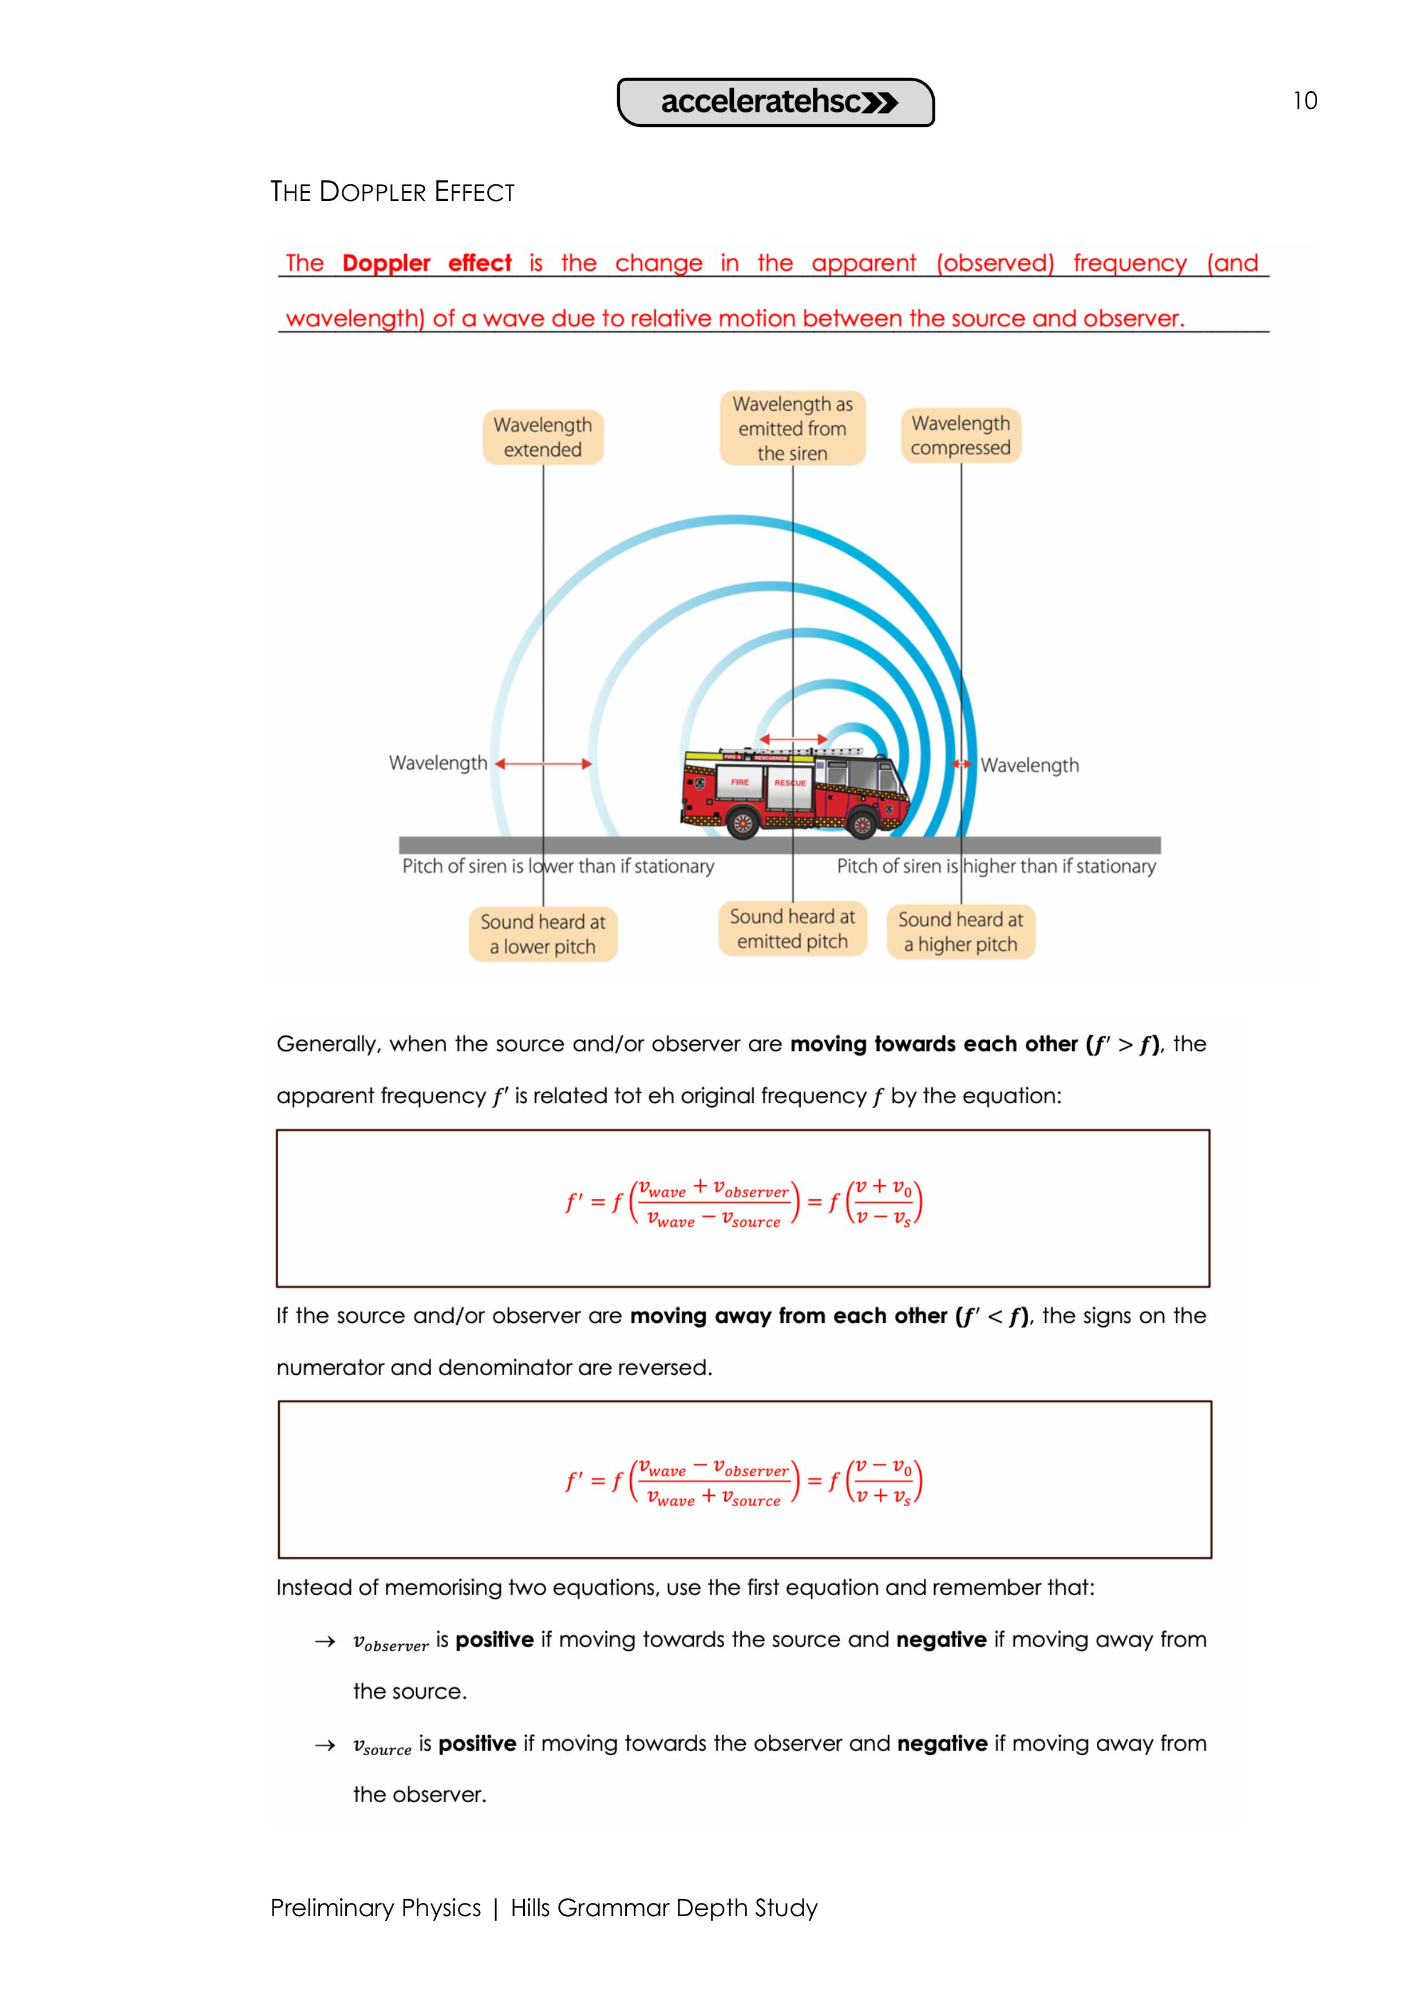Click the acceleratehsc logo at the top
(x=776, y=102)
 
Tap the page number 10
(x=1305, y=101)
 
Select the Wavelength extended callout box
(x=543, y=437)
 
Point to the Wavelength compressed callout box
(x=961, y=435)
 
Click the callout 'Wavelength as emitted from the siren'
(x=793, y=428)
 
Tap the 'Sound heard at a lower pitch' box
(x=543, y=934)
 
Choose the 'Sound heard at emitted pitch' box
(x=793, y=929)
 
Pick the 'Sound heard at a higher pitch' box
(x=961, y=931)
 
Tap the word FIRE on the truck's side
(x=740, y=782)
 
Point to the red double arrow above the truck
(x=793, y=739)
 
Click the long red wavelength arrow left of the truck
(x=543, y=764)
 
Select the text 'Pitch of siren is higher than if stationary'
(x=996, y=866)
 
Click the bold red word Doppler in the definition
(x=386, y=263)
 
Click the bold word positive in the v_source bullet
(x=477, y=1743)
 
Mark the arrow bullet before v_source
(x=325, y=1745)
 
